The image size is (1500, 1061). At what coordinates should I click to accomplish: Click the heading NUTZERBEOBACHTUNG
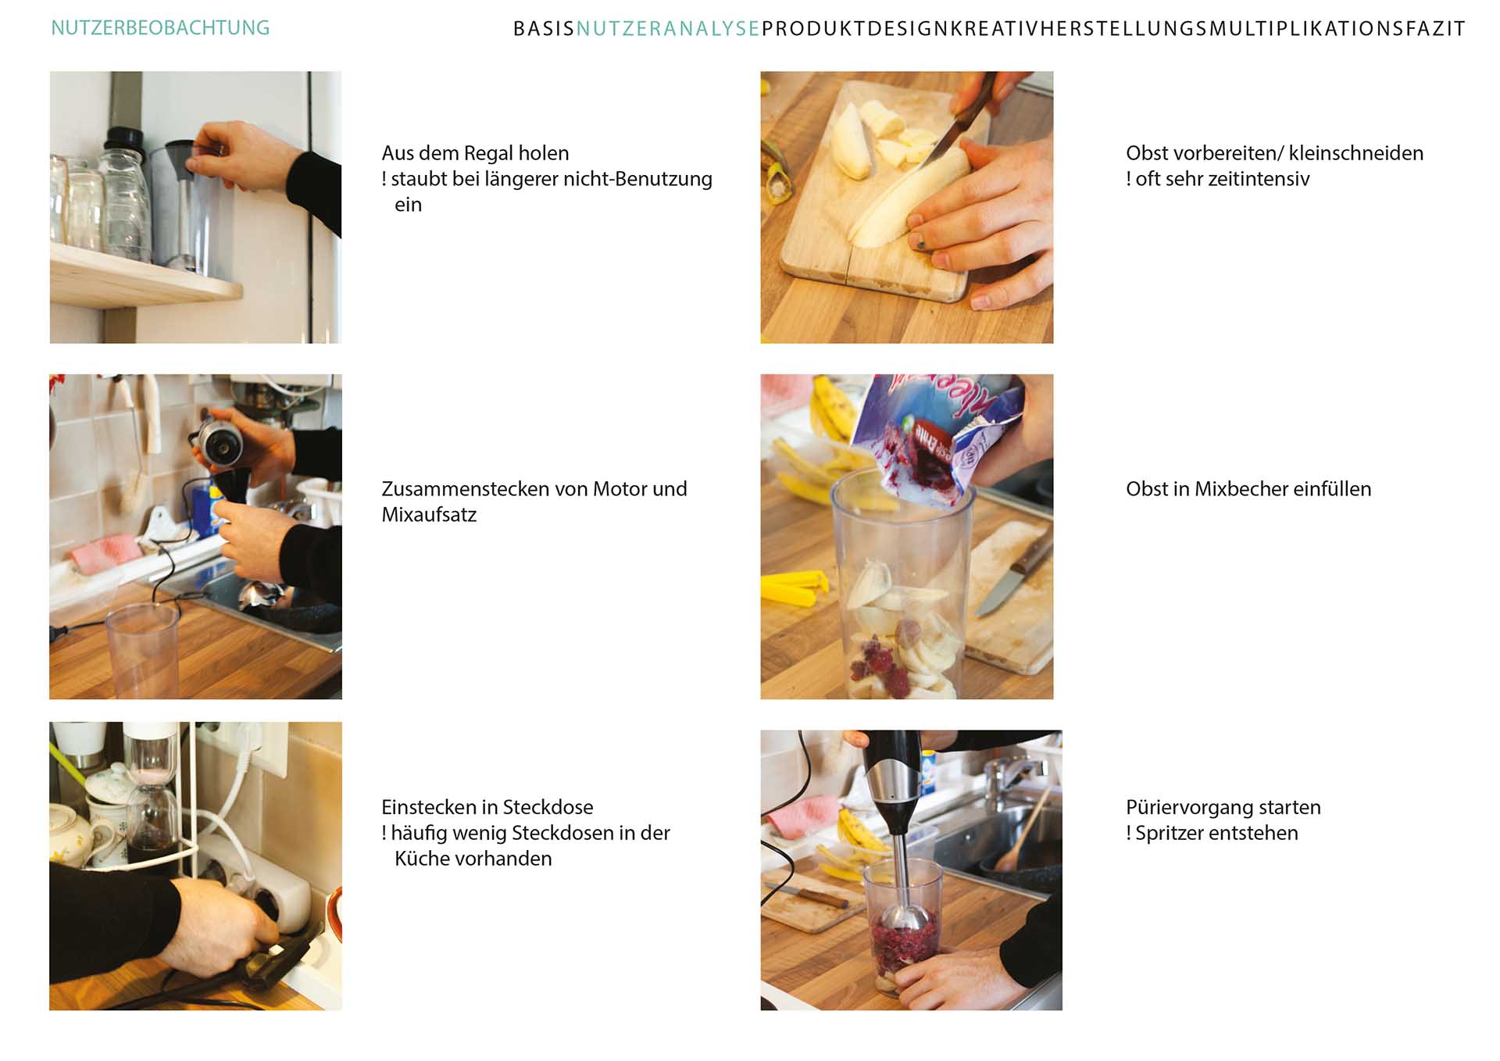[x=160, y=28]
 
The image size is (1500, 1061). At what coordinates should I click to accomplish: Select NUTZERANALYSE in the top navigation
[x=668, y=29]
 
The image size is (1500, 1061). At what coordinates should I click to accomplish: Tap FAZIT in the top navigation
[x=1435, y=29]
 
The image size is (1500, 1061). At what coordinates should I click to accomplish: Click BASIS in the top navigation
[x=544, y=29]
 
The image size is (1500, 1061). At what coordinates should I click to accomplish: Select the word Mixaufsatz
[x=429, y=515]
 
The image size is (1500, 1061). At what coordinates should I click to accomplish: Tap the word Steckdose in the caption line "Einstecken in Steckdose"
[x=548, y=807]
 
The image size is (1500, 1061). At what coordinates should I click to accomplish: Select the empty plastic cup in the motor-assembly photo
[x=142, y=652]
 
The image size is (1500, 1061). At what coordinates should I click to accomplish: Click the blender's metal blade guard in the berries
[x=906, y=917]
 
